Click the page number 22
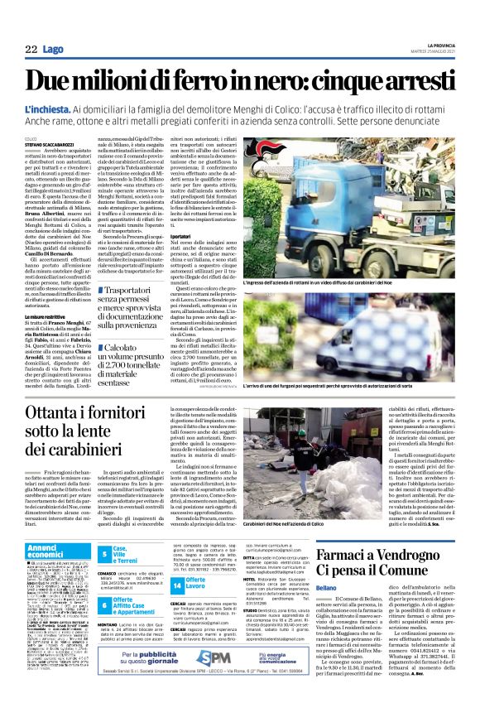pyautogui.click(x=30, y=51)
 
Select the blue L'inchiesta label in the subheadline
pyautogui.click(x=48, y=109)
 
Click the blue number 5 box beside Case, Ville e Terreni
pyautogui.click(x=104, y=552)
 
